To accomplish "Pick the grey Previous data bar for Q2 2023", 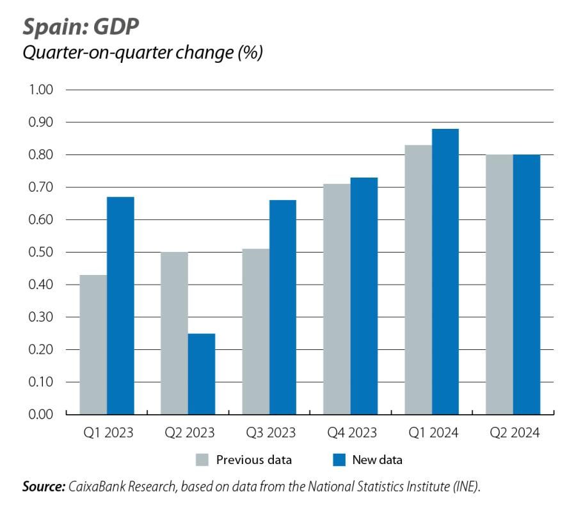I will [174, 333].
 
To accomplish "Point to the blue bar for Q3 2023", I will [282, 307].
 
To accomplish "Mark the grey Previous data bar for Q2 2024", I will [499, 285].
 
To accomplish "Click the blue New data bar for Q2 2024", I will [526, 285].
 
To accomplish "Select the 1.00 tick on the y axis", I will [40, 90].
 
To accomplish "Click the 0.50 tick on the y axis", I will [40, 253].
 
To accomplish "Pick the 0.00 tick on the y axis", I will [40, 415].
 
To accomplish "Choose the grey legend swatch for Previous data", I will [202, 460].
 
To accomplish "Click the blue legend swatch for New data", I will [339, 460].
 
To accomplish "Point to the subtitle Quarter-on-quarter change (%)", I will [142, 53].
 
